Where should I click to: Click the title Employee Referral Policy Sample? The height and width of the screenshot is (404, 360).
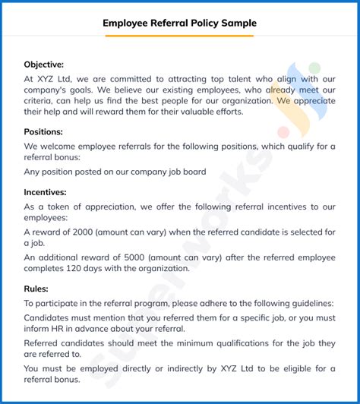coord(180,24)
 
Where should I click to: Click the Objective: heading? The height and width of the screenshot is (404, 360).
coord(44,65)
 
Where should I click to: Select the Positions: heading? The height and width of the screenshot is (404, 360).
coord(43,131)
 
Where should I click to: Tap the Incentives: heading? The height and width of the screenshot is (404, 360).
coord(46,193)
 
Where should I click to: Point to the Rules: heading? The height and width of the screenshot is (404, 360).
coord(36,289)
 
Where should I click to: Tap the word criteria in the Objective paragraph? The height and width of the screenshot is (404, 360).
coord(39,99)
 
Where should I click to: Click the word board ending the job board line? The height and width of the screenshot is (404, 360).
coord(193,172)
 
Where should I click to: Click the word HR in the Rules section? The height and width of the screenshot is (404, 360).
coord(65,328)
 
